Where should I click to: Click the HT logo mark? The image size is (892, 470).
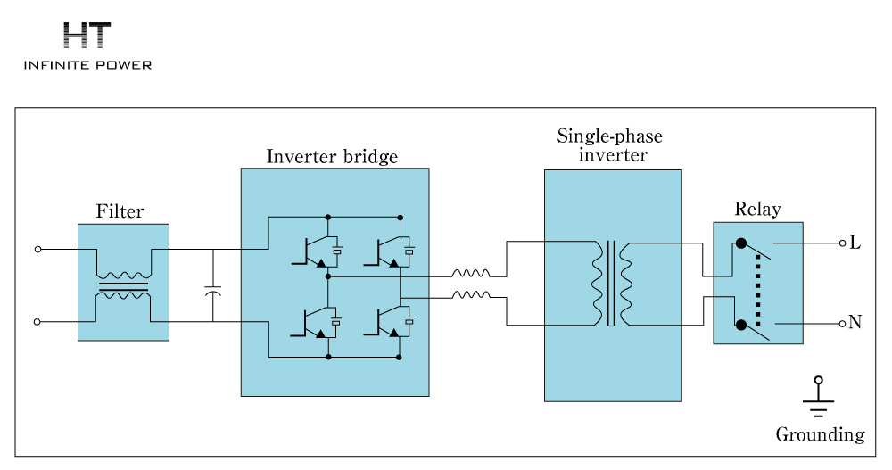coord(87,36)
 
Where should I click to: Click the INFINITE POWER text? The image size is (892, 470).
coord(87,65)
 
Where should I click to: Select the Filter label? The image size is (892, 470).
coord(120,212)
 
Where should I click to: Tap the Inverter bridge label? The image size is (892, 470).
coord(332,157)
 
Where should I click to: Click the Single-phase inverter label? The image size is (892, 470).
coord(612,145)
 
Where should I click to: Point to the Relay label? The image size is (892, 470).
coord(757,210)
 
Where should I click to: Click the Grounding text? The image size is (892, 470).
coord(820,435)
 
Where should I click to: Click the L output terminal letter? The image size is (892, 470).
coord(855,243)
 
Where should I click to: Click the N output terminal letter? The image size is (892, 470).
coord(855,323)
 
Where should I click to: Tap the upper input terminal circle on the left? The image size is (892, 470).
coord(37,250)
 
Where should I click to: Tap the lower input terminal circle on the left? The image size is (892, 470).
coord(37,321)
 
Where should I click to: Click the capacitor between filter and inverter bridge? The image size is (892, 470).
coord(213,291)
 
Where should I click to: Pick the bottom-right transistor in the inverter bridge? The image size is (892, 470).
coord(383,321)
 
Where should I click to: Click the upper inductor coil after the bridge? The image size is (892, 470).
coord(470,275)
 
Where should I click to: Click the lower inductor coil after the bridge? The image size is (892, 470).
coord(470,294)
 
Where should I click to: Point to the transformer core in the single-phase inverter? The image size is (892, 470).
coord(611,284)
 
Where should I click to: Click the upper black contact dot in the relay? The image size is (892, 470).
coord(740,243)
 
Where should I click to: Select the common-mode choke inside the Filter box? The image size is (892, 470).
coord(123,286)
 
